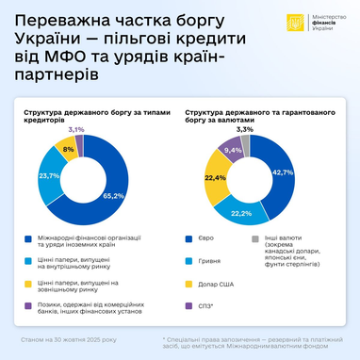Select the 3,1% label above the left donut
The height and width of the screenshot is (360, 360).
click(x=76, y=129)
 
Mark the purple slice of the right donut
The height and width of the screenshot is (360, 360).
click(x=232, y=151)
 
